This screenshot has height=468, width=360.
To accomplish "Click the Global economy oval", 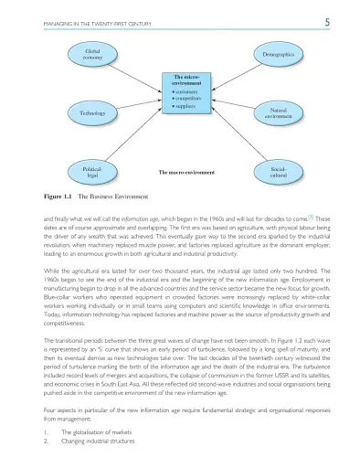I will (x=92, y=55).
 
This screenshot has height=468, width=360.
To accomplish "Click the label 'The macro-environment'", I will (x=186, y=172).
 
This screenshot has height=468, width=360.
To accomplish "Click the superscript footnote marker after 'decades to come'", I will (x=312, y=218).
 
